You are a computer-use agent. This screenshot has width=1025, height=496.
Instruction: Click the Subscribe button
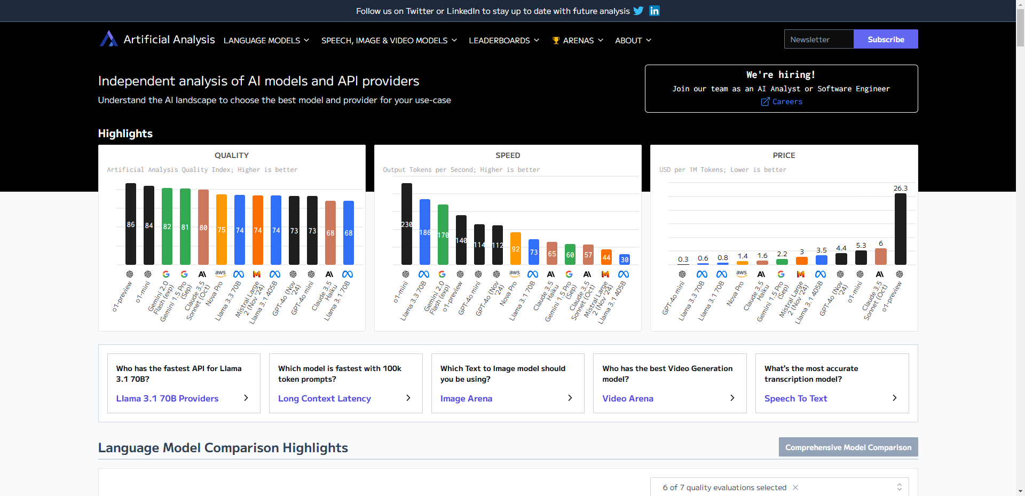click(885, 40)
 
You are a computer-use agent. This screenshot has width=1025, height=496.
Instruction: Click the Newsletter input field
click(818, 40)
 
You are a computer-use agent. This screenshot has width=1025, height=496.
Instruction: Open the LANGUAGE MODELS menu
click(266, 41)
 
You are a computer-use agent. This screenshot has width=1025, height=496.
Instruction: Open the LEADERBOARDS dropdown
click(503, 41)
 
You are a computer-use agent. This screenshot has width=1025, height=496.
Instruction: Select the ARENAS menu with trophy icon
click(578, 41)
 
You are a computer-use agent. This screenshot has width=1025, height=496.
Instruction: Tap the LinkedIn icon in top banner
click(654, 11)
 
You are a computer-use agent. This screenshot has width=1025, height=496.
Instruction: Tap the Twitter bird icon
click(638, 11)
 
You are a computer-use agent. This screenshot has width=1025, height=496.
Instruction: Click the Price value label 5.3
click(861, 246)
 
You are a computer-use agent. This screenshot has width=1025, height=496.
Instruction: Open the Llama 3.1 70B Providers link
click(167, 398)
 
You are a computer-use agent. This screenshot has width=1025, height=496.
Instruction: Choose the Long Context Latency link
click(324, 398)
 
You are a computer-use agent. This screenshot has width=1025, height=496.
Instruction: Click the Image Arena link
click(466, 398)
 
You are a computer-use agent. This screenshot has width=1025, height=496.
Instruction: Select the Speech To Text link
click(795, 398)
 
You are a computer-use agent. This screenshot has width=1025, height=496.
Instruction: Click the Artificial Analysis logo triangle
click(108, 39)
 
